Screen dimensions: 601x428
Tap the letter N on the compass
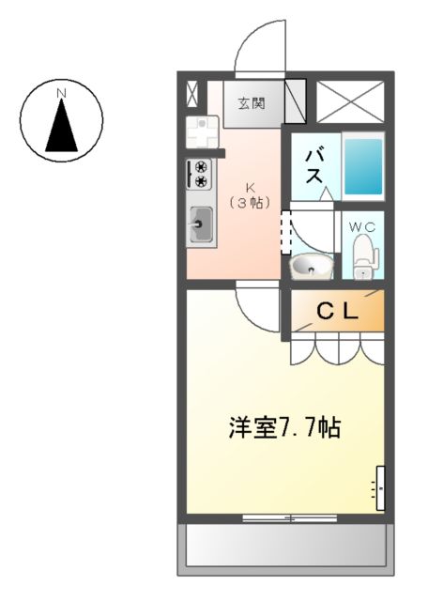pyautogui.click(x=61, y=93)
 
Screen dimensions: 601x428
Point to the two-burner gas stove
pyautogui.click(x=200, y=175)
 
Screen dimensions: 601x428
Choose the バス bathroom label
pyautogui.click(x=313, y=166)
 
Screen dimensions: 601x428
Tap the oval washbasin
pyautogui.click(x=311, y=269)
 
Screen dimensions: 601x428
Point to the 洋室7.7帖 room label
pyautogui.click(x=284, y=428)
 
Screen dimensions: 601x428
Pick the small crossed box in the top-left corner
pyautogui.click(x=192, y=95)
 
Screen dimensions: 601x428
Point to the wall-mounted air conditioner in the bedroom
pyautogui.click(x=380, y=488)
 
